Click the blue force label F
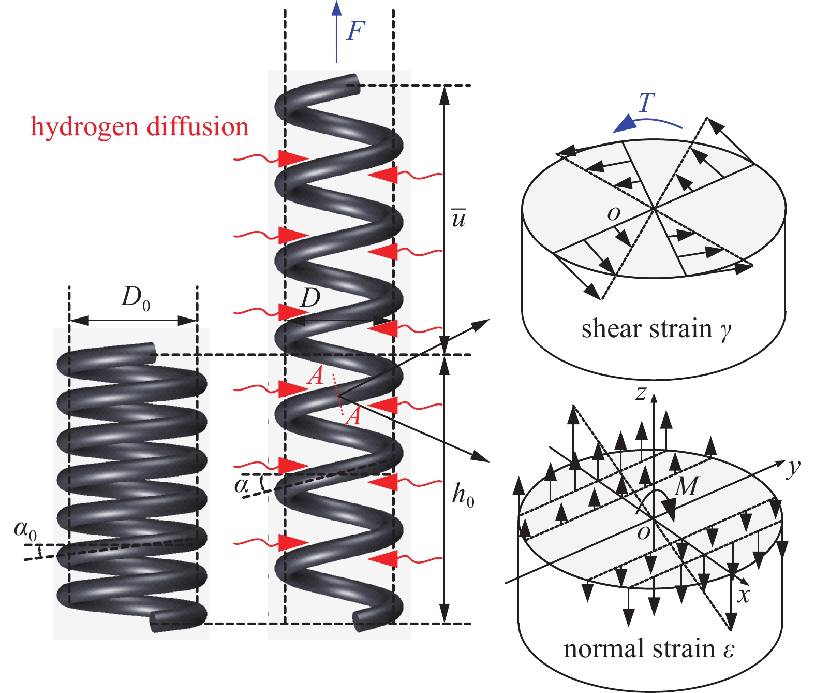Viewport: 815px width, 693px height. pos(357,31)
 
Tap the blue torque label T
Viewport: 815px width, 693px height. pos(646,103)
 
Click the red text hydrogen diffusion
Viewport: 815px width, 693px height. pos(140,127)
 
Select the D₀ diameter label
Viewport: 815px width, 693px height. pos(135,298)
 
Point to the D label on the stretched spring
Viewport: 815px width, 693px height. pos(310,298)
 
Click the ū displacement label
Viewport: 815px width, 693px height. pos(458,218)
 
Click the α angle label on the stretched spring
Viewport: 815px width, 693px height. pos(242,486)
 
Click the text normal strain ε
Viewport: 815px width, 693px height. pos(648,649)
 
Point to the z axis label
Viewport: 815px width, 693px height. pos(641,394)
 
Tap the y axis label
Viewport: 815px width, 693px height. pos(793,468)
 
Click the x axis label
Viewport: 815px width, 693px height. pos(744,596)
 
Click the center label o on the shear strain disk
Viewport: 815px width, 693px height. pos(614,213)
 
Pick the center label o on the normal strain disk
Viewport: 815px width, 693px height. pos(643,532)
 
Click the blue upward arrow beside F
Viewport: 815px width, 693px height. pos(337,31)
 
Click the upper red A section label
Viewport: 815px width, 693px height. pos(315,376)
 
